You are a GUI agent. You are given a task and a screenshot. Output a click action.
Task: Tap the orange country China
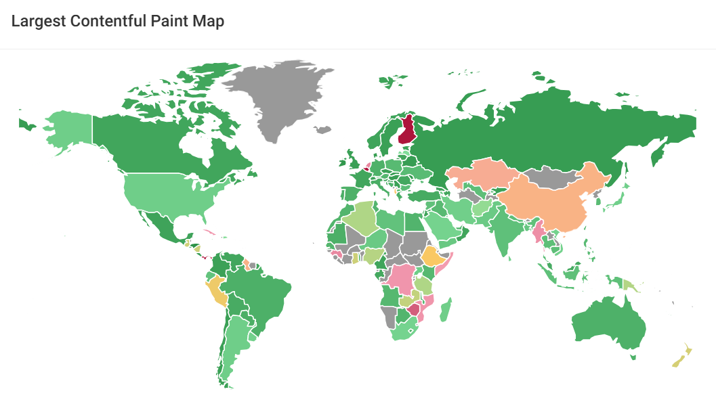click(x=549, y=200)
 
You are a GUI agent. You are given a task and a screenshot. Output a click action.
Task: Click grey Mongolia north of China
click(x=552, y=177)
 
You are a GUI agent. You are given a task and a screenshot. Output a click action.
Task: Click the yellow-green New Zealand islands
click(x=681, y=357)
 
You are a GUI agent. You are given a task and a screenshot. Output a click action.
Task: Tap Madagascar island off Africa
click(x=446, y=311)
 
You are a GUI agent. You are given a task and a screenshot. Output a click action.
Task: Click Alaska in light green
click(x=68, y=129)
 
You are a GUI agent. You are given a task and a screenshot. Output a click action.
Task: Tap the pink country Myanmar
click(x=540, y=233)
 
